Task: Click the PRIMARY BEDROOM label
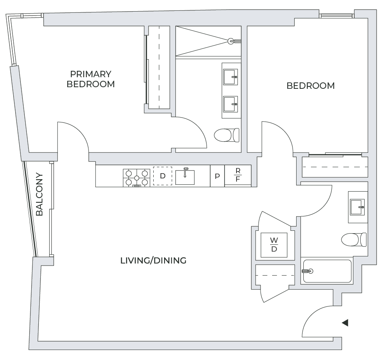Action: [x=90, y=79]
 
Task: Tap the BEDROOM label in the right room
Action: [x=311, y=86]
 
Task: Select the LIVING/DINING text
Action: [x=153, y=261]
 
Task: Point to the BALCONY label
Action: [x=39, y=194]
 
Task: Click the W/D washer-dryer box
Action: [x=274, y=245]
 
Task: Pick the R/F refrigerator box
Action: [x=238, y=175]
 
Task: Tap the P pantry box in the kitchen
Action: [x=217, y=176]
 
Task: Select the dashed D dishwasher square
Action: [x=162, y=176]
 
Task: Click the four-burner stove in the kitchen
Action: [x=136, y=177]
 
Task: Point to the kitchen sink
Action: [x=185, y=176]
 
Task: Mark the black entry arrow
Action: [x=345, y=323]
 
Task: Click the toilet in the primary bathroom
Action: [x=227, y=135]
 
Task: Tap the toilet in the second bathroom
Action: [x=354, y=240]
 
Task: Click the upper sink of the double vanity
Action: [x=231, y=77]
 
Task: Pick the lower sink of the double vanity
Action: [x=231, y=104]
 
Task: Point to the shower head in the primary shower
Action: [x=231, y=41]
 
